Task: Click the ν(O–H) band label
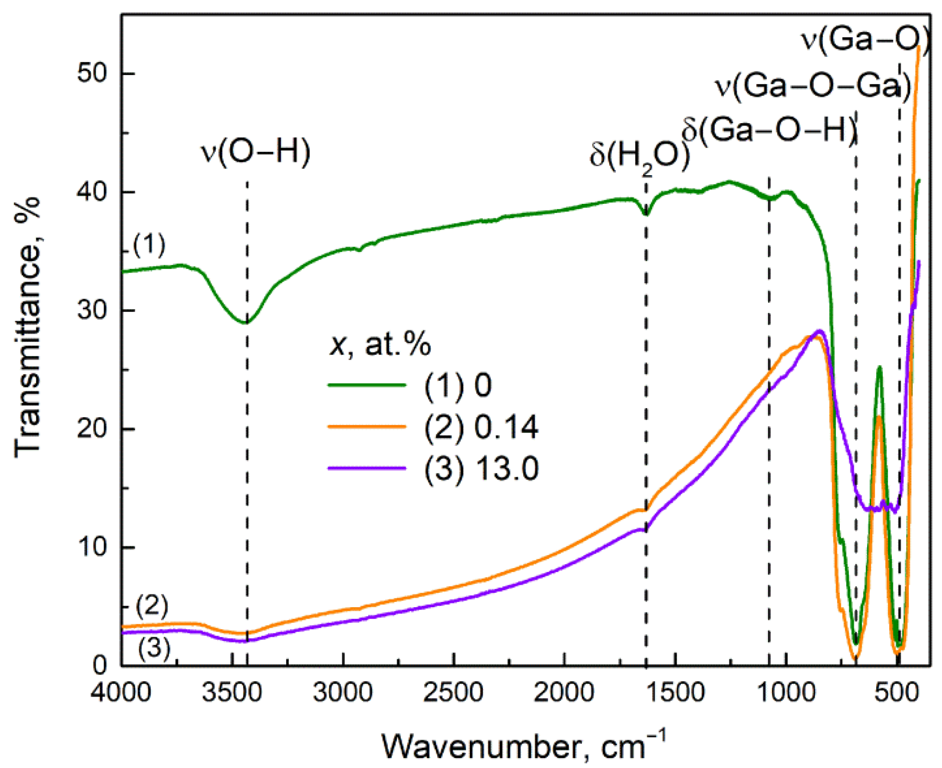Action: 255,152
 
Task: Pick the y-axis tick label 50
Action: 93,74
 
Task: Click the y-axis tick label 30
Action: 93,310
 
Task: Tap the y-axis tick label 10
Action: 93,547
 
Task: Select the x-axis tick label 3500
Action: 232,693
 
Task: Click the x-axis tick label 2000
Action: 564,693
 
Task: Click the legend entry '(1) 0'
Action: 457,386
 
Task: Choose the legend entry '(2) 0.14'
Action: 481,427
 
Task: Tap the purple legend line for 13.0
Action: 367,468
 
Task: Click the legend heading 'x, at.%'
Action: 380,344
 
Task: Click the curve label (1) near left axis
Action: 149,244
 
